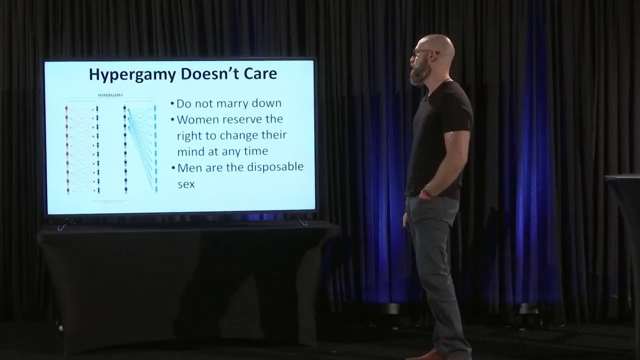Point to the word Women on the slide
point(196,119)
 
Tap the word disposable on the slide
point(275,167)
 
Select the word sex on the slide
point(186,183)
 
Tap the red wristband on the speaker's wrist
point(425,192)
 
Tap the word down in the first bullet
point(267,103)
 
